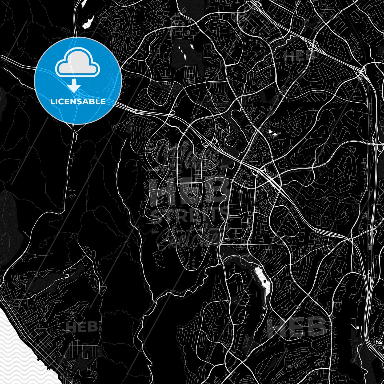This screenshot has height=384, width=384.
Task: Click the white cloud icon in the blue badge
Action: [78, 64]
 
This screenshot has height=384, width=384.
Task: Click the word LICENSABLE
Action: [78, 102]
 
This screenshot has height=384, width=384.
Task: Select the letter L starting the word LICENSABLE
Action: [52, 102]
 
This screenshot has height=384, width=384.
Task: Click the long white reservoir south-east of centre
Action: [263, 281]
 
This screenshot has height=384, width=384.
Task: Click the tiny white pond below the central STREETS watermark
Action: [167, 241]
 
